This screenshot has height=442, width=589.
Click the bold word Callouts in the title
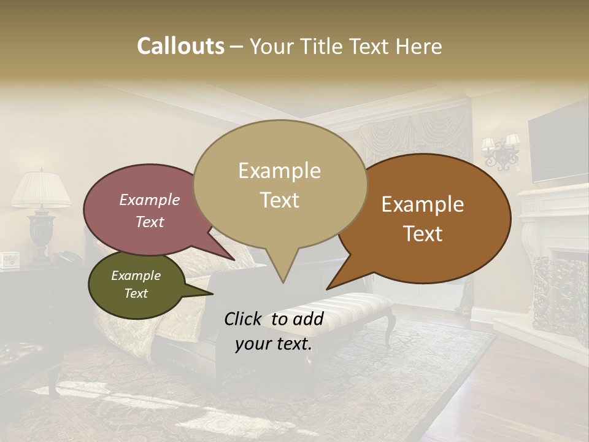click(180, 47)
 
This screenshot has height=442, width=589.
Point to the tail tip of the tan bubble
click(283, 282)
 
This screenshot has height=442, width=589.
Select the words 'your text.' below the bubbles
click(274, 344)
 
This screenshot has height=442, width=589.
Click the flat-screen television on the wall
click(558, 147)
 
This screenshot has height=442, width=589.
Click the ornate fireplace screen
click(559, 295)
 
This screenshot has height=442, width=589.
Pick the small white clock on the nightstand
click(9, 260)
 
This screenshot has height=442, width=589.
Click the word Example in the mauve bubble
click(150, 200)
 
